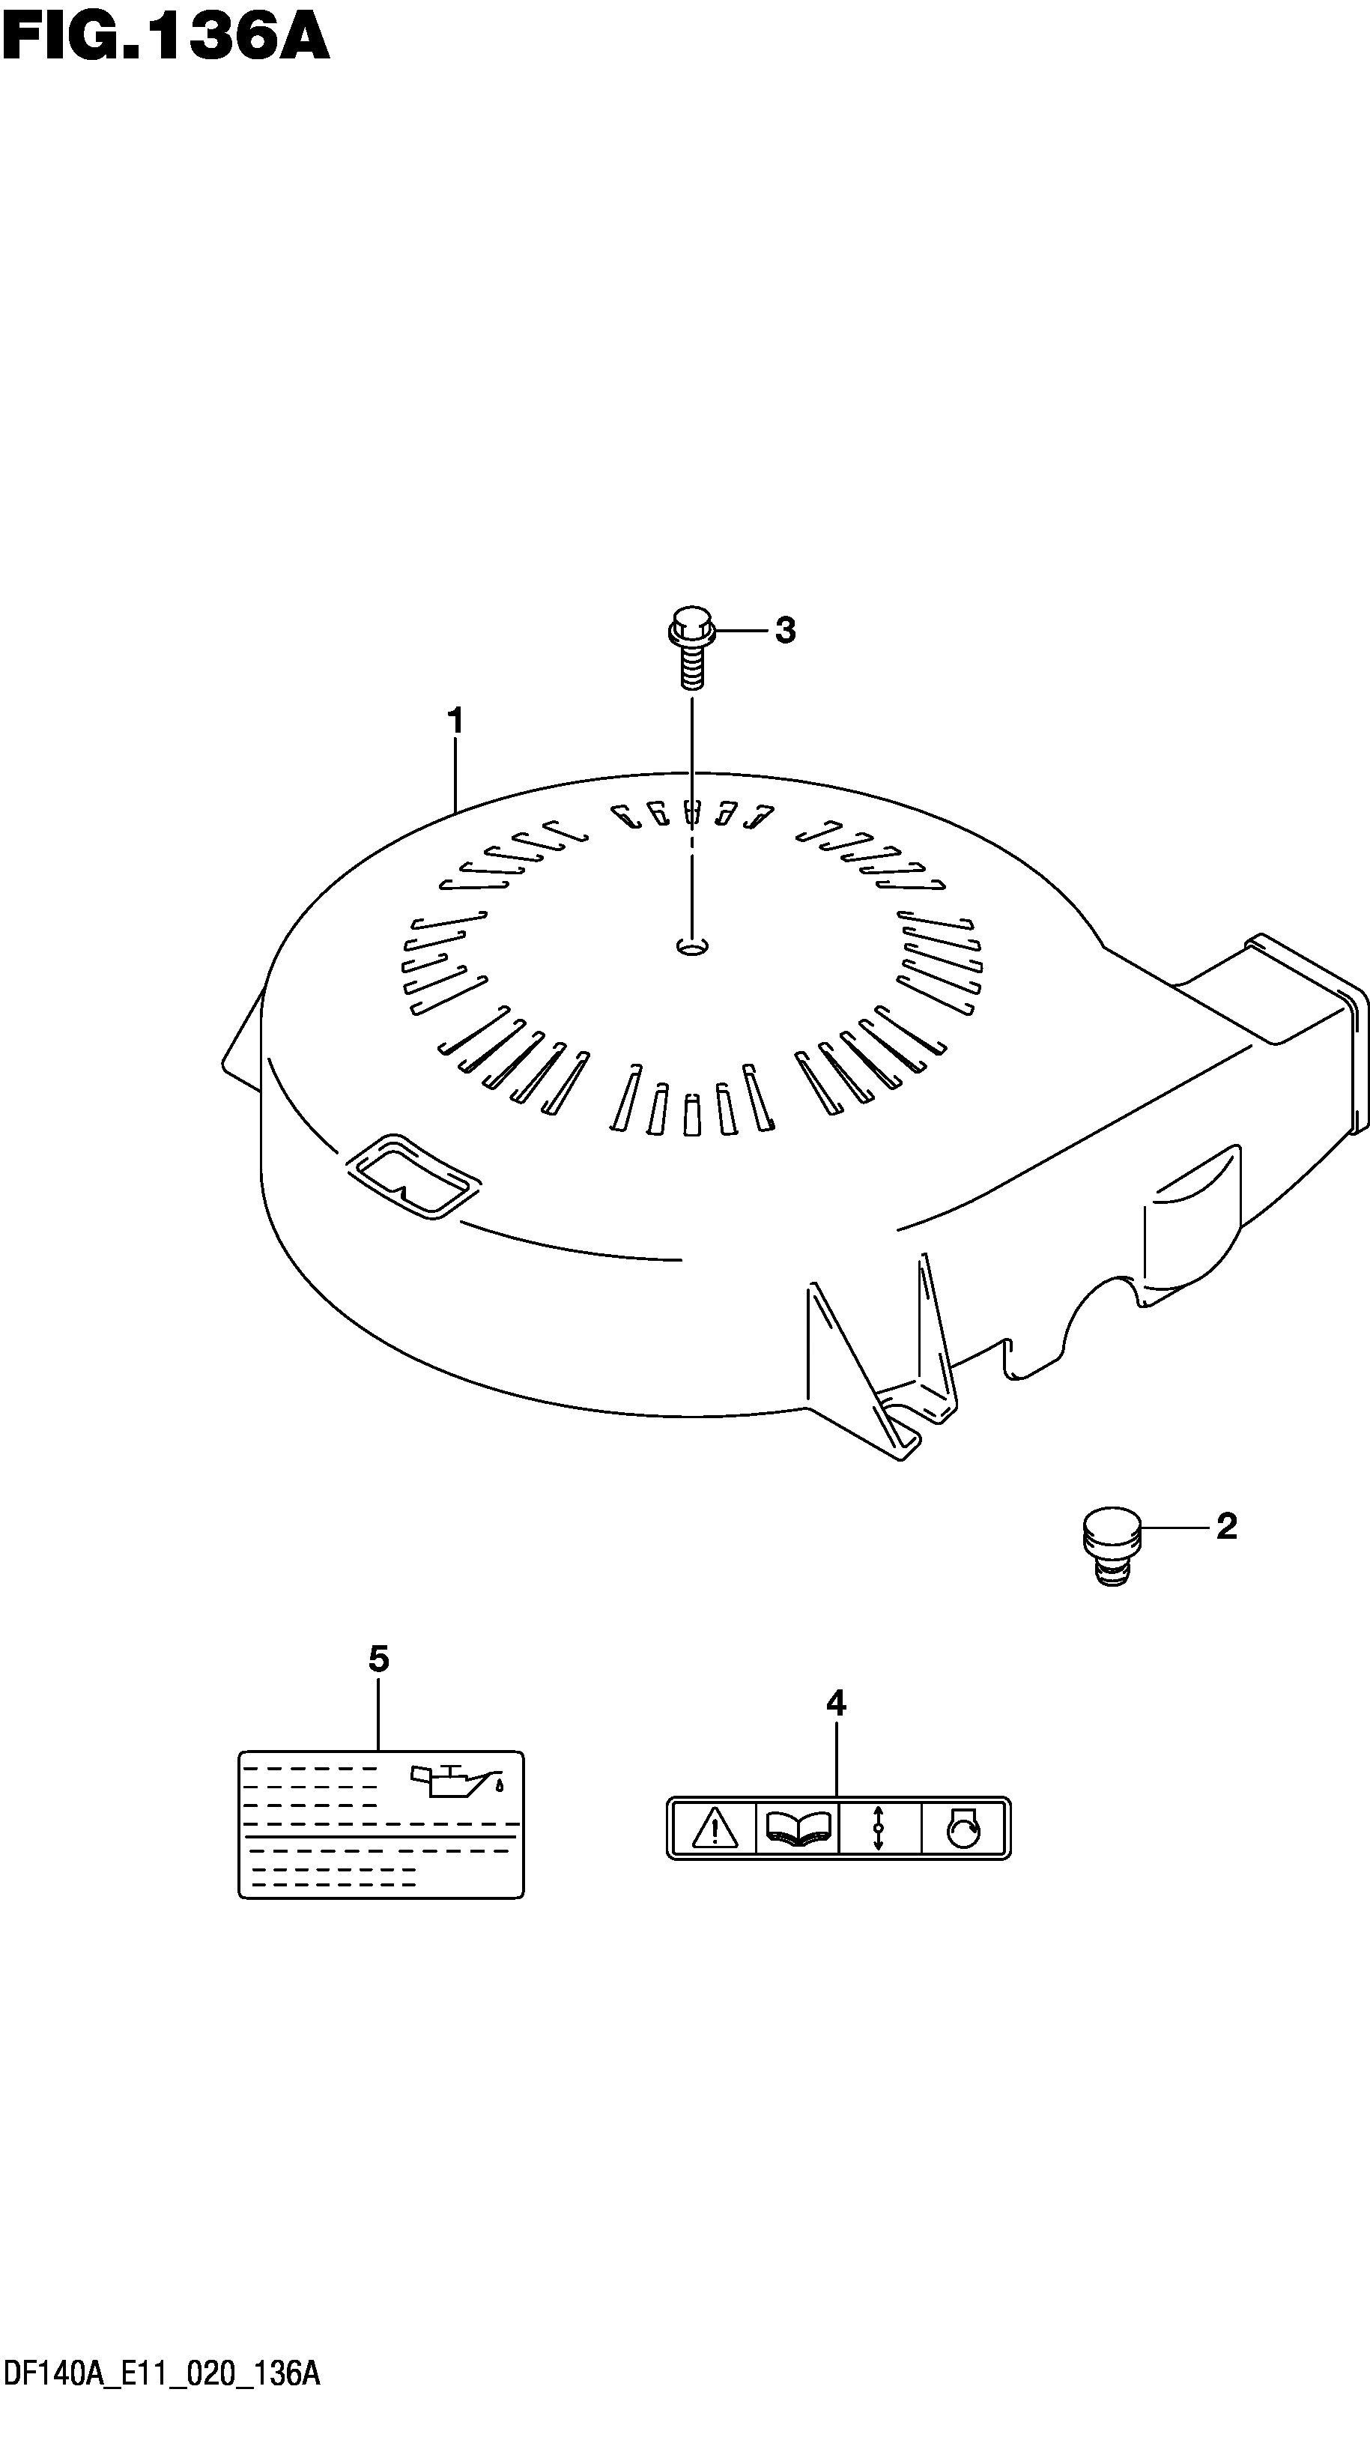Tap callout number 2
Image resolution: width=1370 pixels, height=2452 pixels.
coord(1226,1527)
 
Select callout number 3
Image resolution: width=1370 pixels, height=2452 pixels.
coord(785,630)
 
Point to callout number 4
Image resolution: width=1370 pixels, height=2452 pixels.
coord(835,1703)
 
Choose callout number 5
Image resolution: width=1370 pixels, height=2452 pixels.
coord(379,1659)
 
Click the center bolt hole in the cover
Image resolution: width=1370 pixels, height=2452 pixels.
coord(693,946)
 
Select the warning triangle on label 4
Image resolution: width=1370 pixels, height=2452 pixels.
coord(715,1829)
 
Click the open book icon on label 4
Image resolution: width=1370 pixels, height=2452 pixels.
coord(797,1829)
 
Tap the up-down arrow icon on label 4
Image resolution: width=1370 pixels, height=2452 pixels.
coord(879,1829)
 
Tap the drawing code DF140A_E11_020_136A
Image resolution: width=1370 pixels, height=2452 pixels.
coord(161,2421)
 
